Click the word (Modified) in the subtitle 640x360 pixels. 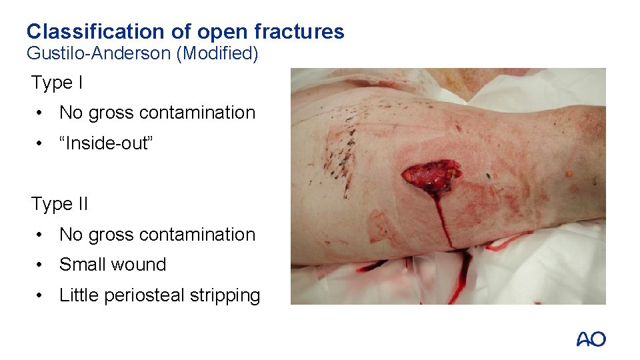pyautogui.click(x=217, y=53)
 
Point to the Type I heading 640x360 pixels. pyautogui.click(x=57, y=83)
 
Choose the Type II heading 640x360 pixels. pyautogui.click(x=59, y=204)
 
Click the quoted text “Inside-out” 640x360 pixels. pyautogui.click(x=107, y=143)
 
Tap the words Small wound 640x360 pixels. pyautogui.click(x=113, y=265)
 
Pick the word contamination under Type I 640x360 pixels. pyautogui.click(x=197, y=113)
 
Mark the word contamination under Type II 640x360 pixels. pyautogui.click(x=197, y=235)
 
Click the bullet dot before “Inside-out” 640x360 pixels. pyautogui.click(x=41, y=144)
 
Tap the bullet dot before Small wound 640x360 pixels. pyautogui.click(x=41, y=265)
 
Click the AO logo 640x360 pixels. pyautogui.click(x=591, y=339)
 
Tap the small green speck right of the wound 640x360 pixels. pyautogui.click(x=489, y=176)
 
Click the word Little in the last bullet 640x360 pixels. pyautogui.click(x=78, y=295)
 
